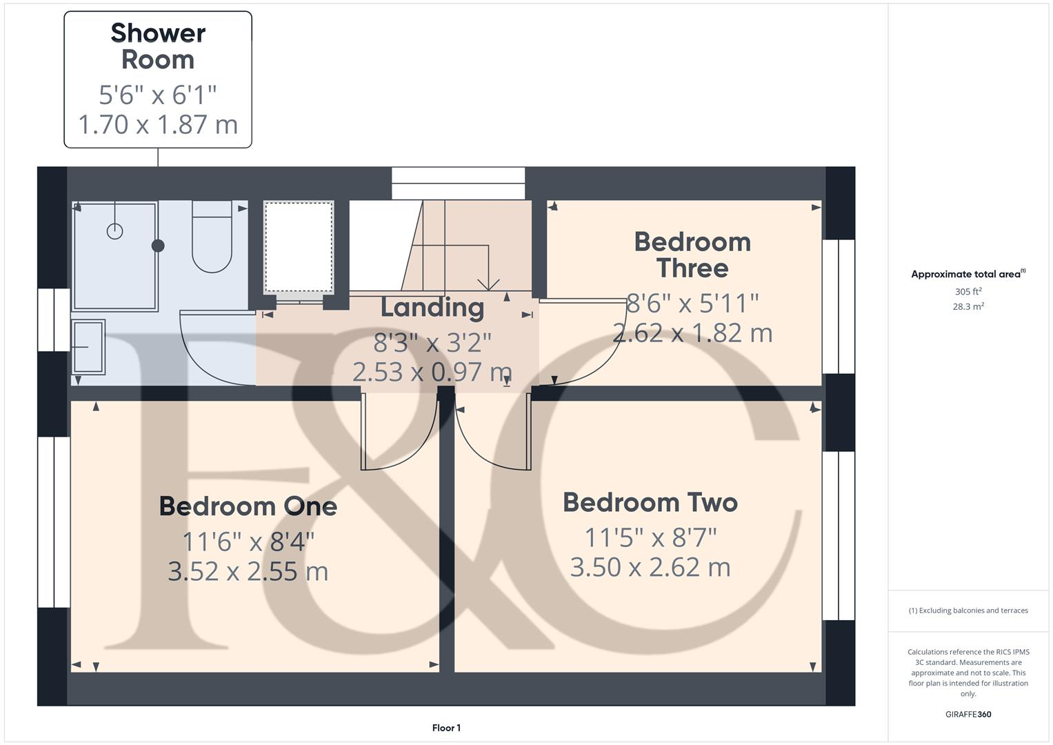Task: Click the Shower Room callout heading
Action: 158,46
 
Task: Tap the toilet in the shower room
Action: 212,238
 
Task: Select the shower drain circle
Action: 114,231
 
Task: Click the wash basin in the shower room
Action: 88,346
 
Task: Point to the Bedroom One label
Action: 248,506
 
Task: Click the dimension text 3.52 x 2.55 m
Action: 248,571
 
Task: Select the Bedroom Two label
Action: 650,502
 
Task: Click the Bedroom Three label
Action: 692,255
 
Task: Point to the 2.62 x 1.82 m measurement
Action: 692,333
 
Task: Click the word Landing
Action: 432,308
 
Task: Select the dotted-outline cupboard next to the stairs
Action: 299,247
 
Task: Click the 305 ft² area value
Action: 967,292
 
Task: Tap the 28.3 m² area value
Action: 967,307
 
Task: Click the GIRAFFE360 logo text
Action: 967,715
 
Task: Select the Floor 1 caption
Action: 446,728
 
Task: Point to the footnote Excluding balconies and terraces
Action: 967,610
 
